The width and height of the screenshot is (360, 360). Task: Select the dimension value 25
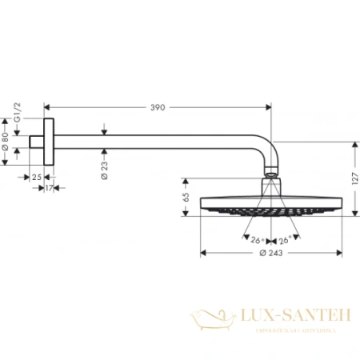tap(36, 177)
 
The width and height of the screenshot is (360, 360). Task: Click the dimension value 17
tap(50, 189)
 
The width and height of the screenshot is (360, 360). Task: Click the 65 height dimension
tap(186, 194)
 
